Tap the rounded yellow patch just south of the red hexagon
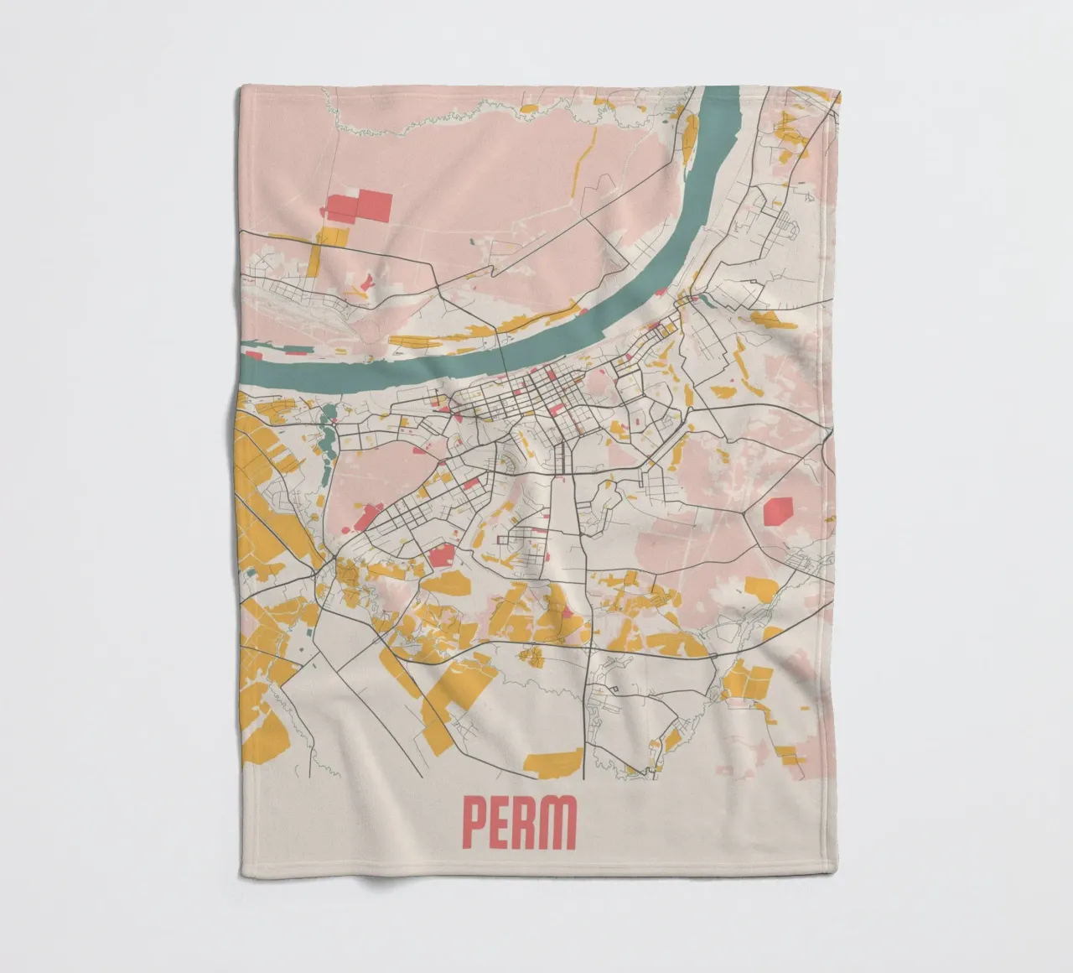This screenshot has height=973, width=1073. click(x=763, y=587)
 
